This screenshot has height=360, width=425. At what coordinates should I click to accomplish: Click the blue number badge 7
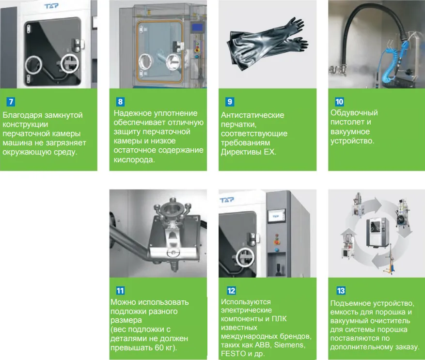click(x=11, y=102)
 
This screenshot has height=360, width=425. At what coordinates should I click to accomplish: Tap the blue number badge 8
click(x=120, y=102)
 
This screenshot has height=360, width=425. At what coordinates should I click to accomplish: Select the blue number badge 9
click(x=230, y=102)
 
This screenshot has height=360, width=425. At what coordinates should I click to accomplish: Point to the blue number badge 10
click(x=339, y=102)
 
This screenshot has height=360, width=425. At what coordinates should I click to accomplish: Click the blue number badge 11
click(x=120, y=291)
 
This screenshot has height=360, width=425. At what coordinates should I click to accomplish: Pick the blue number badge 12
click(x=231, y=291)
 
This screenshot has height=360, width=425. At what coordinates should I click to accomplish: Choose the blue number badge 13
click(x=341, y=291)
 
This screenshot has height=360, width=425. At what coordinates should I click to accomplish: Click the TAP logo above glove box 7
click(x=51, y=5)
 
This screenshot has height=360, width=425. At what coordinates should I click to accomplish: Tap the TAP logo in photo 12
click(x=227, y=200)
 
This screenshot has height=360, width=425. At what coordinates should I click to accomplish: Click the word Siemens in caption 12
click(x=289, y=345)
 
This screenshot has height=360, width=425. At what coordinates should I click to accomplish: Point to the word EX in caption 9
click(x=270, y=152)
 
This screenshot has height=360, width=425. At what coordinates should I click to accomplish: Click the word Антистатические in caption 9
click(x=252, y=115)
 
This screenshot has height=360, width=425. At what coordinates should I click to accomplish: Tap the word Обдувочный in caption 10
click(x=354, y=113)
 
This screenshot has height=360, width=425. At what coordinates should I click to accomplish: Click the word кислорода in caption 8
click(x=134, y=160)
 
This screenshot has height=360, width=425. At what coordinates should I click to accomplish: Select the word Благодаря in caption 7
click(x=22, y=115)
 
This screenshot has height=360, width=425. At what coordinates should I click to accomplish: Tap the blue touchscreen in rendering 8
click(x=197, y=28)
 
